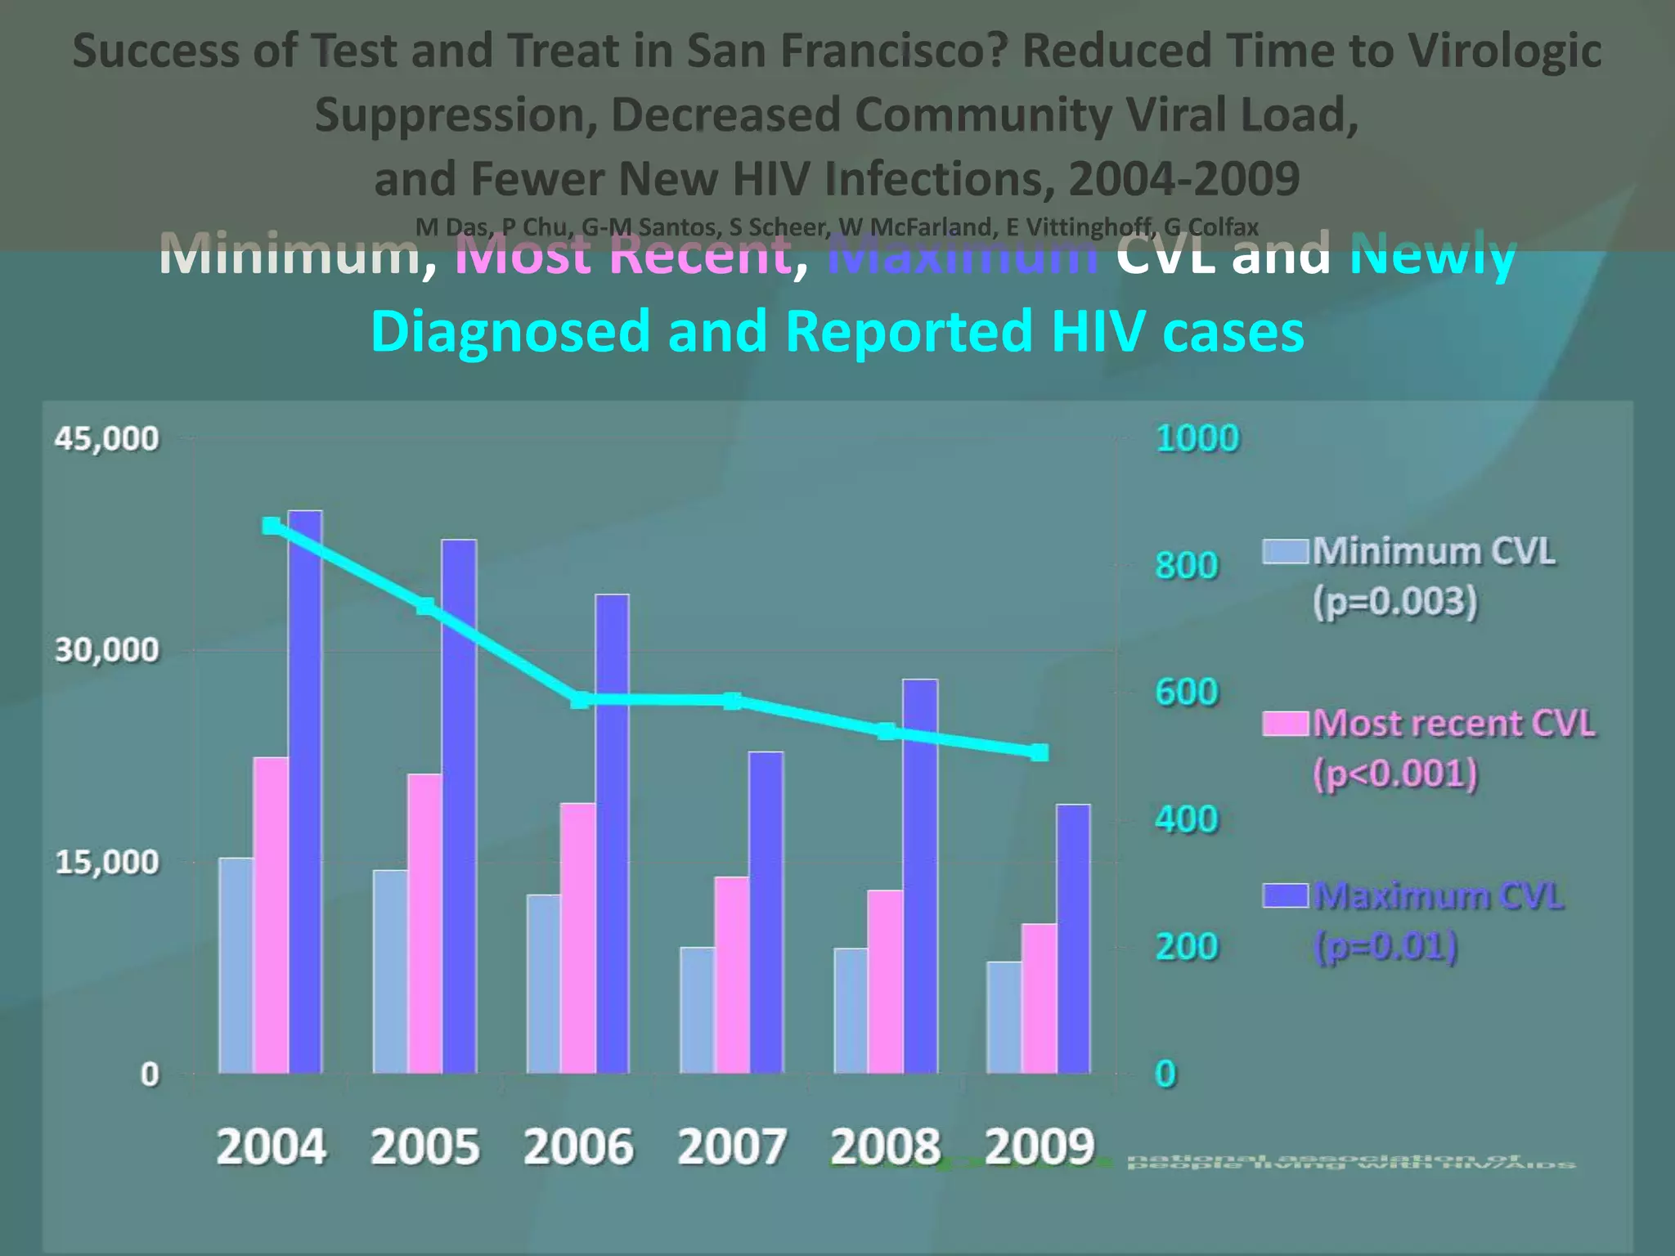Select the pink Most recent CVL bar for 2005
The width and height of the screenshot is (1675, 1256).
coord(424,923)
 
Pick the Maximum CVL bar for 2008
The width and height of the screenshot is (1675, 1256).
coord(920,876)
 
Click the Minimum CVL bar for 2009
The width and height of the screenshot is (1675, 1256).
coord(1004,1017)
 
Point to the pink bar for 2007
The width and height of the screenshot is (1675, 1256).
coord(731,975)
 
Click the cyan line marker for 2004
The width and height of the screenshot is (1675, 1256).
coord(272,526)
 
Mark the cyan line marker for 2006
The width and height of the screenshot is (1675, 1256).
coord(579,700)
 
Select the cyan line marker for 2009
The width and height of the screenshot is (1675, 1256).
coord(1039,752)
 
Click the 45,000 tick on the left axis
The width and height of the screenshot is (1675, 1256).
coord(106,439)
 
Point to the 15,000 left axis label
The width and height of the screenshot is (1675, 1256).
coord(106,862)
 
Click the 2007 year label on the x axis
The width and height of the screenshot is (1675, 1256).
coord(731,1146)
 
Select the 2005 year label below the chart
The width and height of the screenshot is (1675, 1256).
coord(424,1146)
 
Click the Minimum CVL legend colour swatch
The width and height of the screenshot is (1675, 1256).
coord(1286,551)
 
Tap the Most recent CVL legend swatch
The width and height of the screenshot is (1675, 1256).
coord(1286,724)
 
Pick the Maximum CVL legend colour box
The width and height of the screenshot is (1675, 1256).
coord(1286,895)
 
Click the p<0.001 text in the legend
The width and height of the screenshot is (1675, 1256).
coord(1395,774)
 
